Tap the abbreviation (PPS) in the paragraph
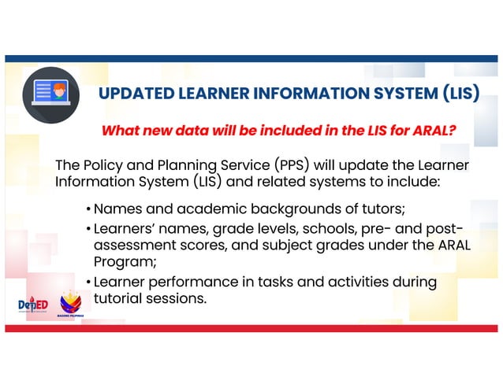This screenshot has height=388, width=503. coord(298,165)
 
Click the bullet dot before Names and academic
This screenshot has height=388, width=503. coord(88,210)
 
